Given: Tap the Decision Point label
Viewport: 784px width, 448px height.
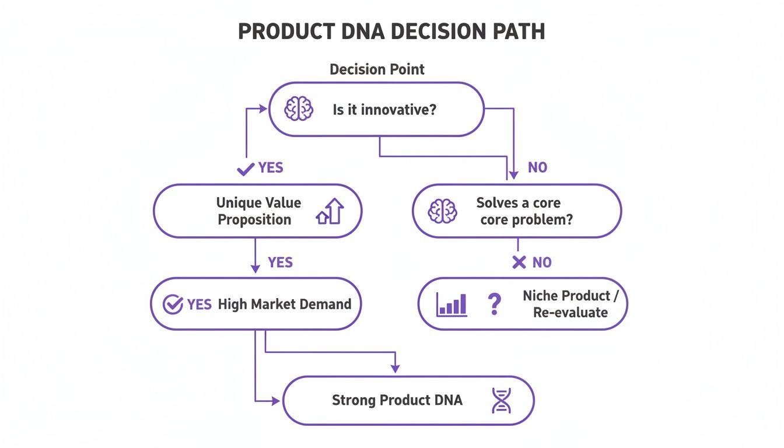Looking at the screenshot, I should pos(377,69).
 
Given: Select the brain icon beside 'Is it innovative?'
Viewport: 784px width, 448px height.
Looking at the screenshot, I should pos(298,109).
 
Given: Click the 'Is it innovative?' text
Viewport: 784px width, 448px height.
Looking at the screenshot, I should pos(384,109).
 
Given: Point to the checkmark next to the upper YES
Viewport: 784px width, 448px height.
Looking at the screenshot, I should pos(245,169).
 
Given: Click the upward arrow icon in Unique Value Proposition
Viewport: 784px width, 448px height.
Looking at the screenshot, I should pos(330,211).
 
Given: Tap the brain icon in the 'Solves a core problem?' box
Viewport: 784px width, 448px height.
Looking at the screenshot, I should pos(443,211).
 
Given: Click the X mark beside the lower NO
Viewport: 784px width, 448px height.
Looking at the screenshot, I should pos(519,262).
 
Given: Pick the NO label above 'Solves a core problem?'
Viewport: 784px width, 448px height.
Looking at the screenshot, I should pos(537,168).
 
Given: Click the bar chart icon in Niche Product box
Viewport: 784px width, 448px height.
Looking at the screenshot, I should pos(452,304).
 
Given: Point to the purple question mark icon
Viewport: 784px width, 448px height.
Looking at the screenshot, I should pos(494,304).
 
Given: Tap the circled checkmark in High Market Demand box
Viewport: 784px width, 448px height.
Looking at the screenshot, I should pos(172,304).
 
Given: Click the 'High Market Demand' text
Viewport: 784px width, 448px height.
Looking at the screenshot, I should pos(285,304).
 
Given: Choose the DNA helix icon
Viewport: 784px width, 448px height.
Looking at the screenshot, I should pos(501,401).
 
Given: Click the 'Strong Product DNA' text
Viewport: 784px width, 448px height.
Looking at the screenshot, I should pos(397,400).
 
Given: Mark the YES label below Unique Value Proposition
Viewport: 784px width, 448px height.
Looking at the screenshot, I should pos(280,262).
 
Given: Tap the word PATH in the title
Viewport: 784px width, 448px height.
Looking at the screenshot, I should pos(517,32).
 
